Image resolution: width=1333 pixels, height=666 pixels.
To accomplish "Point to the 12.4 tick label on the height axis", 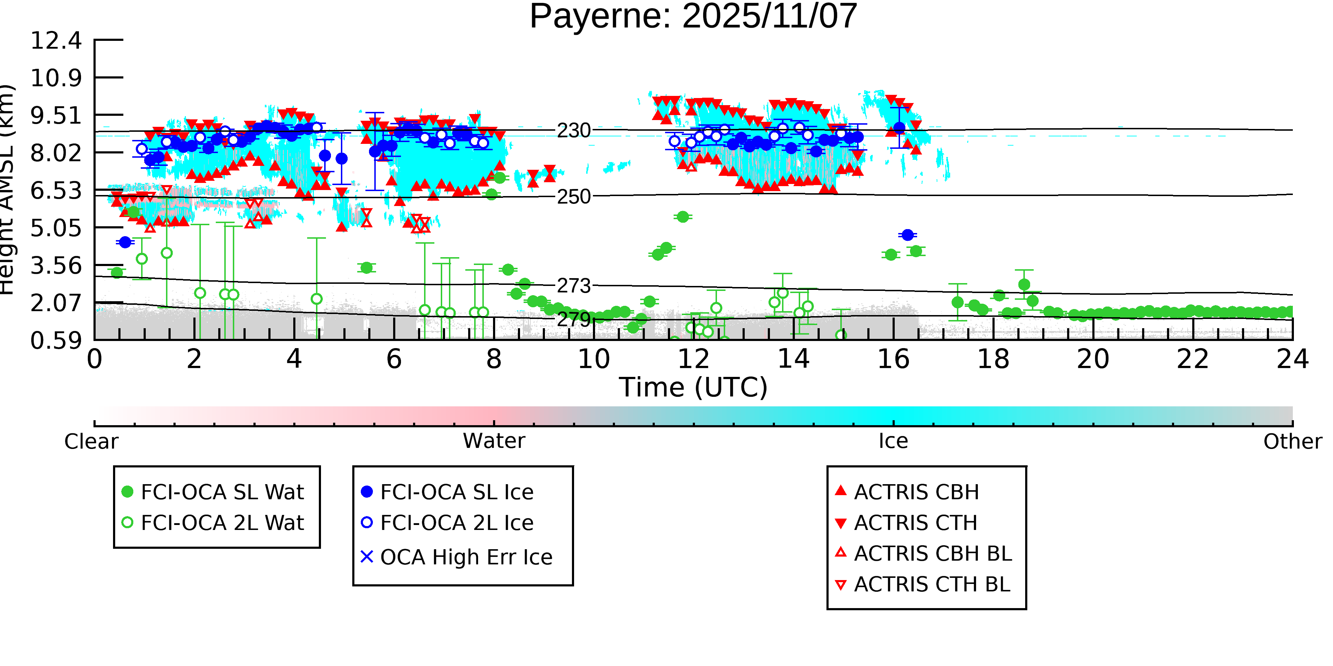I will pyautogui.click(x=56, y=40).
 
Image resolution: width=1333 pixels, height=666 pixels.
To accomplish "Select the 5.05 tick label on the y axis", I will pyautogui.click(x=56, y=228).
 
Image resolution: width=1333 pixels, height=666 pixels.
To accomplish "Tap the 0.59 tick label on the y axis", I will pyautogui.click(x=56, y=341).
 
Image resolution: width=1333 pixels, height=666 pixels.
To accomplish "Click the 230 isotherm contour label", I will pyautogui.click(x=573, y=131).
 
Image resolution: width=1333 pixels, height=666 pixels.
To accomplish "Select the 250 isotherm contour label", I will pyautogui.click(x=573, y=197).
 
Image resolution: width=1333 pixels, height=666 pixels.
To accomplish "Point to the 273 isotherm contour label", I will pyautogui.click(x=573, y=286).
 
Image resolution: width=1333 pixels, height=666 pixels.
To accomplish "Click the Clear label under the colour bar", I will pyautogui.click(x=91, y=442).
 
